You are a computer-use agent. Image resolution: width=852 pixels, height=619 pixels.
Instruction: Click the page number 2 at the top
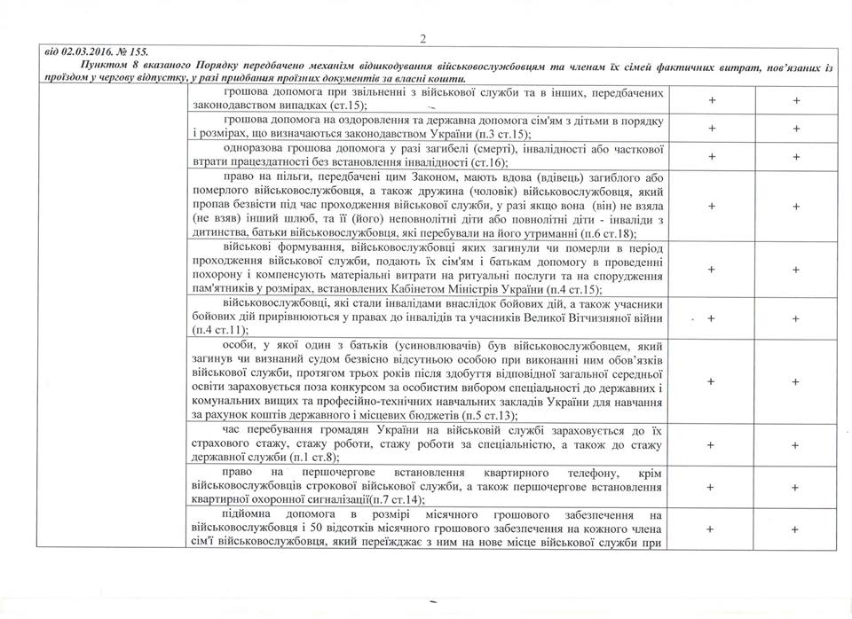tap(424, 38)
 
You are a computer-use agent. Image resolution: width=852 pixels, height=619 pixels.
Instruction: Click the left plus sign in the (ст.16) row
tap(711, 156)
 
